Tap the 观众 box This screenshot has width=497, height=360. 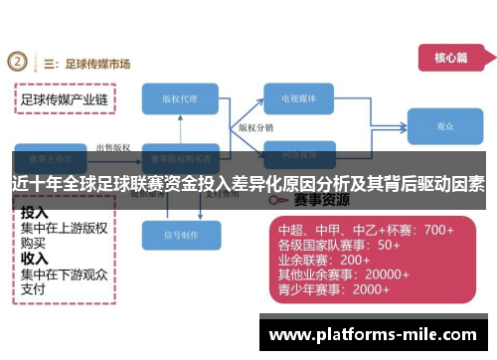pos(445,127)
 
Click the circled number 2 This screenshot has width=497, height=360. pos(17,63)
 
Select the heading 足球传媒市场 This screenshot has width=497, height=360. pos(95,64)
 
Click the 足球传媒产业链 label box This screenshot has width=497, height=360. pos(65,99)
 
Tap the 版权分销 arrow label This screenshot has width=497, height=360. pos(256,128)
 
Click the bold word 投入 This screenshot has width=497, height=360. pos(35,213)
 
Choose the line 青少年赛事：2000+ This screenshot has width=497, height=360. pos(333,289)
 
